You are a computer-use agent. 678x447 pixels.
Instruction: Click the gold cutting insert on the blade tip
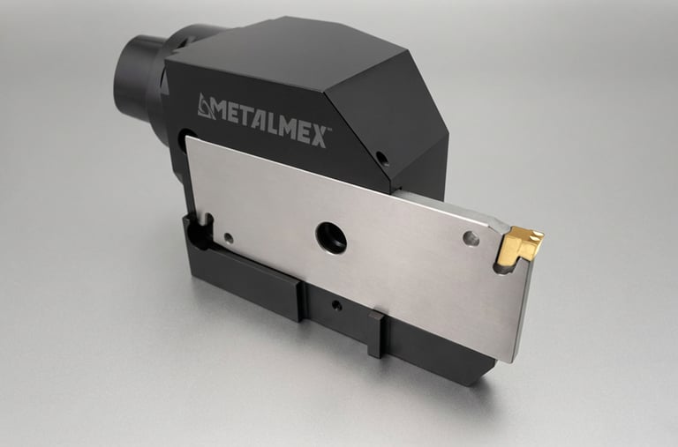point(519,245)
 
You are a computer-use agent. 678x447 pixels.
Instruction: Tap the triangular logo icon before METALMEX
point(206,107)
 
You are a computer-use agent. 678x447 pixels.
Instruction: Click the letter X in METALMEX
point(318,138)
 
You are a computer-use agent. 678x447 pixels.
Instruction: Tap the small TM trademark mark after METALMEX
point(329,128)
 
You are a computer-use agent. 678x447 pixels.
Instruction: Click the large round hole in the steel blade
point(331,237)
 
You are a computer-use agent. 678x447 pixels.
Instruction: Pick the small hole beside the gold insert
point(471,238)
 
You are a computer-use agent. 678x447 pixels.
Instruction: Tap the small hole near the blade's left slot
point(229,238)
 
